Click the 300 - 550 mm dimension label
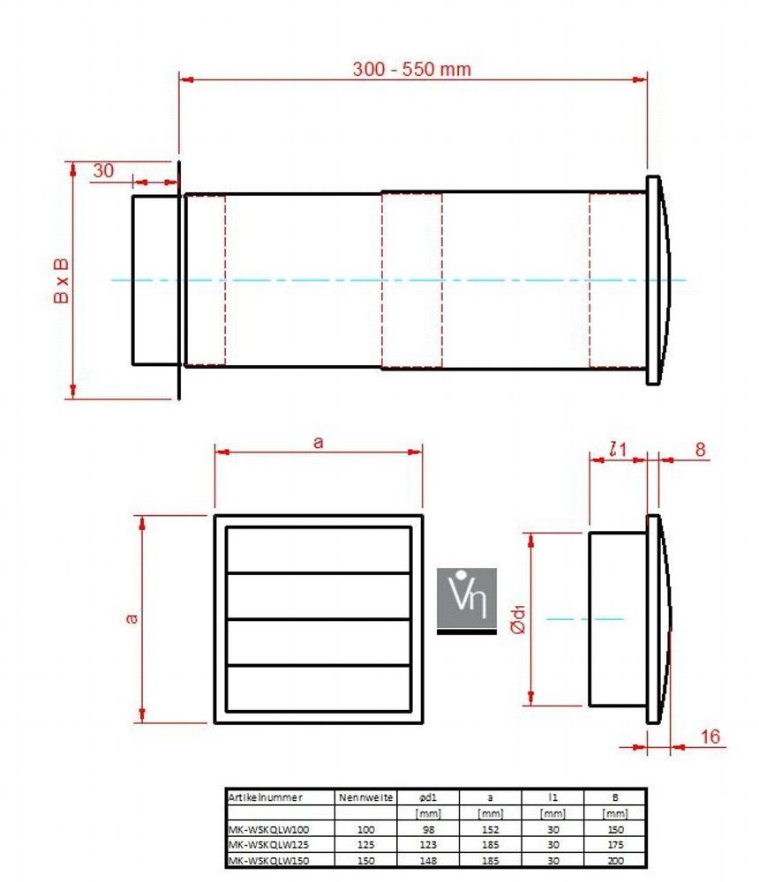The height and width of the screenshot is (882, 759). pyautogui.click(x=411, y=69)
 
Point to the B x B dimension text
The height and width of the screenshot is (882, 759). pyautogui.click(x=61, y=280)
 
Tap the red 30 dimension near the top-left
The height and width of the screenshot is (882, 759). pyautogui.click(x=103, y=170)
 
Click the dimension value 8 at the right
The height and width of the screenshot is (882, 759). pyautogui.click(x=700, y=450)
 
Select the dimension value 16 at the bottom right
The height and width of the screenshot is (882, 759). pyautogui.click(x=710, y=736)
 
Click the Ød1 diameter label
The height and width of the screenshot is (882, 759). pyautogui.click(x=518, y=619)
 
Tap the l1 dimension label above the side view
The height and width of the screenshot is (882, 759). pyautogui.click(x=618, y=450)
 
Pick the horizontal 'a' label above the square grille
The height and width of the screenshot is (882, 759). pyautogui.click(x=318, y=443)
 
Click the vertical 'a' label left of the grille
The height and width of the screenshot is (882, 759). pyautogui.click(x=132, y=619)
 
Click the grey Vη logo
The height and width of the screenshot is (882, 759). pyautogui.click(x=467, y=601)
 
